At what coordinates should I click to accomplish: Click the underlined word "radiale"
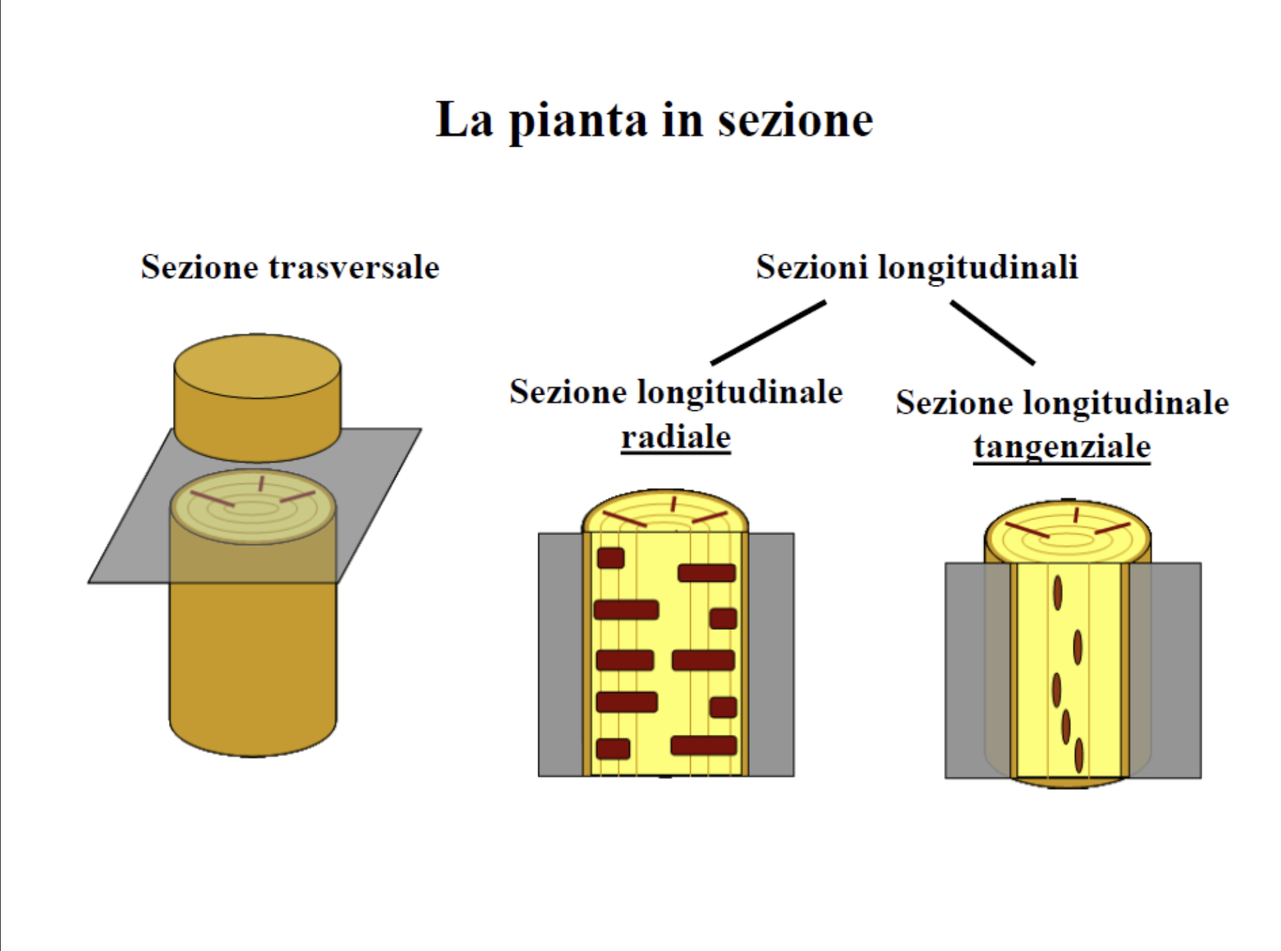pos(675,437)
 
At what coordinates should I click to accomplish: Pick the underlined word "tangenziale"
pos(1061,446)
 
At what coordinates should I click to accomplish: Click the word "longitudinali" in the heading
pos(978,268)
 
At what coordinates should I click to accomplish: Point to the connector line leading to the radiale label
pos(769,332)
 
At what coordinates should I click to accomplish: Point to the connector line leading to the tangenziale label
pos(992,332)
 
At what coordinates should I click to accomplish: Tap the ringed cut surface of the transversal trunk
pos(253,507)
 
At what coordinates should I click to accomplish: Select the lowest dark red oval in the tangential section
pos(1079,755)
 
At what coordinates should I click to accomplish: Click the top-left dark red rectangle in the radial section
pos(611,558)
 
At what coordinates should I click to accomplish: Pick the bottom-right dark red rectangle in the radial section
pos(704,745)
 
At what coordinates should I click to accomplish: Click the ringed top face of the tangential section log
pos(1068,534)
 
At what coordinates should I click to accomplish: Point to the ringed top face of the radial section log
pos(665,514)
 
